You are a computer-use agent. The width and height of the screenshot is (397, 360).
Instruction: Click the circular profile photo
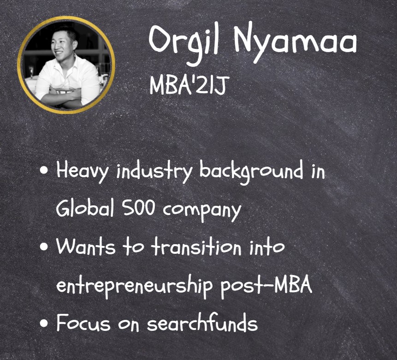point(66,65)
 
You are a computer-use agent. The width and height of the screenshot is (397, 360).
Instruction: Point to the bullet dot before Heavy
point(44,170)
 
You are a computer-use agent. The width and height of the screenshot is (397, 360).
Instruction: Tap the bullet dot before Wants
point(44,246)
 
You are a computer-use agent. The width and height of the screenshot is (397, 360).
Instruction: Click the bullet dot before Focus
point(44,323)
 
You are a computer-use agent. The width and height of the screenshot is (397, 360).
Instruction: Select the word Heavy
point(82,171)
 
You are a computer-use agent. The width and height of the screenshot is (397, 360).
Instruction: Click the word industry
point(154,171)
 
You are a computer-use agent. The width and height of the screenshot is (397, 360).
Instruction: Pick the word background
point(251,172)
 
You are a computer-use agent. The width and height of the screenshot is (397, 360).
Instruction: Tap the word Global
point(85,209)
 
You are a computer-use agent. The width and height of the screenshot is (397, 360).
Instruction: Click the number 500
point(138,209)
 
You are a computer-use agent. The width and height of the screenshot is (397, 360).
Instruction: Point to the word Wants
point(85,246)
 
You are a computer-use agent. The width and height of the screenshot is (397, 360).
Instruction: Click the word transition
point(196,246)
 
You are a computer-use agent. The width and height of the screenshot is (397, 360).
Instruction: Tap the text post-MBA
point(266,286)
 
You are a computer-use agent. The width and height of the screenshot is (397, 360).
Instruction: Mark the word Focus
point(83,323)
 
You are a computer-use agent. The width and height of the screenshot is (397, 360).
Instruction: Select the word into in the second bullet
point(267,246)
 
